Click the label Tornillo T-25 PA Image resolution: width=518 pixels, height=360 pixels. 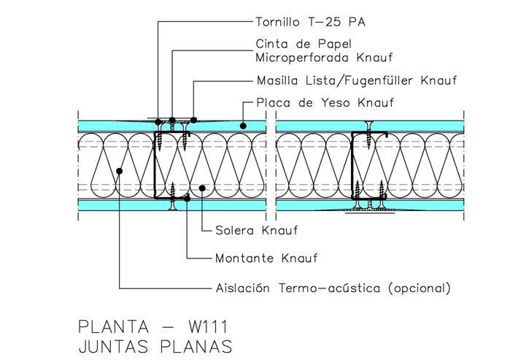coord(311,22)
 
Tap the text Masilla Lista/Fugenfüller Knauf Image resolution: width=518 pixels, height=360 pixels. coord(357,80)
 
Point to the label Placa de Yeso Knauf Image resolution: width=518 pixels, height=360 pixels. coord(325,102)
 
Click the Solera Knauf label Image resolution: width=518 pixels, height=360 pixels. coord(257,230)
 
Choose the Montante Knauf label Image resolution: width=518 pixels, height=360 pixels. coord(266,258)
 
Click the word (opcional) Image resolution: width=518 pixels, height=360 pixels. coord(420,288)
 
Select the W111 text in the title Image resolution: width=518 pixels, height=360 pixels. coord(208,327)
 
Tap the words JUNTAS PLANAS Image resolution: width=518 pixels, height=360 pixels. coord(155,347)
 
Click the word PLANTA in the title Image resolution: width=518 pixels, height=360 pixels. coord(114,327)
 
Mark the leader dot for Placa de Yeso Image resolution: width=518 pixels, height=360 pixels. coord(243,126)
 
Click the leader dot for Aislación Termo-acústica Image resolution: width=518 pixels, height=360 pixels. coord(119,171)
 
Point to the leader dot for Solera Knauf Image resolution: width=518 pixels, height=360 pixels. coord(202,188)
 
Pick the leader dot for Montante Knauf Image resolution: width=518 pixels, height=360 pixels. coord(187,199)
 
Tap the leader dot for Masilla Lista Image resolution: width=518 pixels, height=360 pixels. coord(193,120)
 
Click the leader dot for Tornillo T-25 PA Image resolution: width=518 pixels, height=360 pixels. coord(158,122)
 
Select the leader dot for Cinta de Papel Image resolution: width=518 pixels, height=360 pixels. coord(172,120)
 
